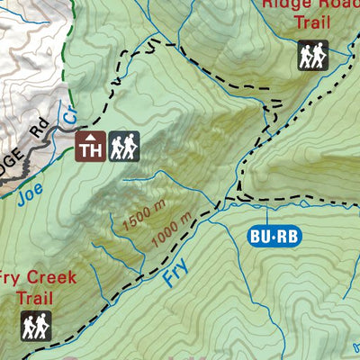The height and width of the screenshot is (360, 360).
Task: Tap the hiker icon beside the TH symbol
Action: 124,146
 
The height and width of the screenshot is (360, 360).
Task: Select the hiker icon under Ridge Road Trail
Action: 312,56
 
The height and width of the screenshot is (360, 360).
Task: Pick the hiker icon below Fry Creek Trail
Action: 36,326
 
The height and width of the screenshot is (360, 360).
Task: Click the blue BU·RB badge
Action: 273,237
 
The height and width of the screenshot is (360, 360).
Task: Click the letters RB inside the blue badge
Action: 286,237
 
